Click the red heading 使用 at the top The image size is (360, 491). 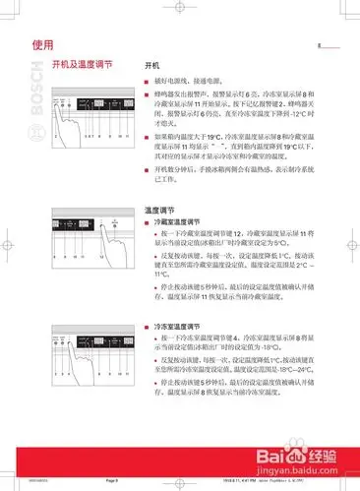pos(43,44)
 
